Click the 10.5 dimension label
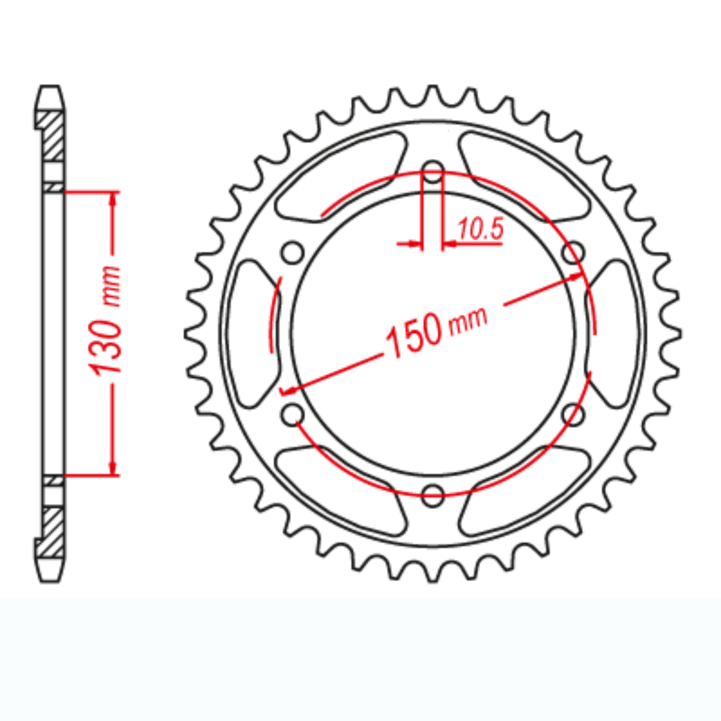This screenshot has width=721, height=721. coord(479,229)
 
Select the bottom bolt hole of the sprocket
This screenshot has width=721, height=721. coord(433,495)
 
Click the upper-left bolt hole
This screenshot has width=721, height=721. coord(293,252)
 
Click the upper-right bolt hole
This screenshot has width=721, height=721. coord(574,252)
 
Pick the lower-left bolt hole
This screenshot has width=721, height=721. coord(293,415)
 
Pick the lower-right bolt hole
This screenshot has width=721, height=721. coord(574,415)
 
